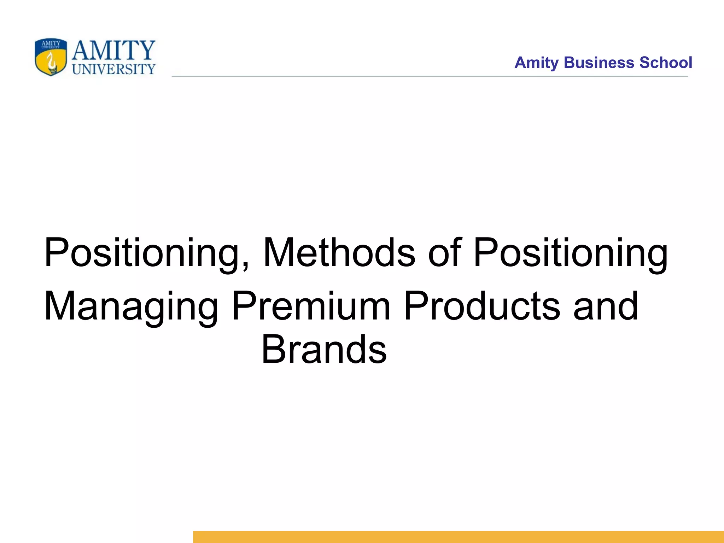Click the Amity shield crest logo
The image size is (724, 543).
tap(51, 57)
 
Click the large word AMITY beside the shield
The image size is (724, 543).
tap(113, 51)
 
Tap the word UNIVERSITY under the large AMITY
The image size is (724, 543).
tap(113, 69)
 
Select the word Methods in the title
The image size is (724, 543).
tap(339, 253)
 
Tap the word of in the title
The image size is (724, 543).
tap(445, 253)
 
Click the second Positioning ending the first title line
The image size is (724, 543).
tap(571, 253)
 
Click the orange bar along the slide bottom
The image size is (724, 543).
tap(458, 537)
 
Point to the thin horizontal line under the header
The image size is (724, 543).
tap(430, 76)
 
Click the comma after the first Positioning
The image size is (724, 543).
tap(245, 267)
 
